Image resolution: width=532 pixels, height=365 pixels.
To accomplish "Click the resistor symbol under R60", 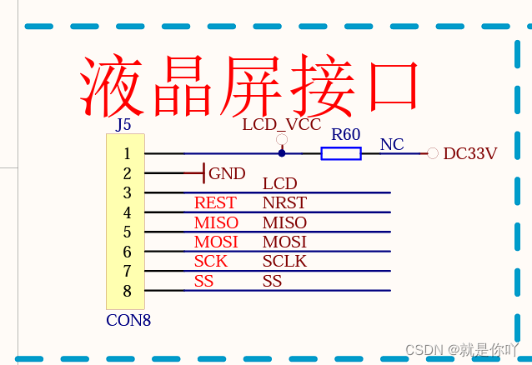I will tap(341, 153).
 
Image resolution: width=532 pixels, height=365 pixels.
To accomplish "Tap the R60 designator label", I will tap(345, 135).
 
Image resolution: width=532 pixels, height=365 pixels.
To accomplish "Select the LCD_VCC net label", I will tap(281, 125).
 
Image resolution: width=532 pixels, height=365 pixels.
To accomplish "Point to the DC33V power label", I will tap(469, 153).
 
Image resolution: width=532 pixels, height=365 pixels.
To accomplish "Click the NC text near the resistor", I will tap(392, 144).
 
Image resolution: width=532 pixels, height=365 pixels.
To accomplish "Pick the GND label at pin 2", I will tap(227, 173).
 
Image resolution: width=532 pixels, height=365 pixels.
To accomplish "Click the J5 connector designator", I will tap(123, 125).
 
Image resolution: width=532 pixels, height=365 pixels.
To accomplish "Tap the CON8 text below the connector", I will tap(128, 319).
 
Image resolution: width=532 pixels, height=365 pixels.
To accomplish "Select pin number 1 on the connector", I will tap(127, 153).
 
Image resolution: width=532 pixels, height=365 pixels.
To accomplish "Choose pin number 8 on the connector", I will tap(127, 291).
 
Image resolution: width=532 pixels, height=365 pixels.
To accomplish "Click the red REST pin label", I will tap(215, 202).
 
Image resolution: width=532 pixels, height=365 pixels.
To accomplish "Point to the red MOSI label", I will tap(216, 242).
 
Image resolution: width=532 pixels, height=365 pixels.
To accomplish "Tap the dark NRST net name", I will tap(284, 202).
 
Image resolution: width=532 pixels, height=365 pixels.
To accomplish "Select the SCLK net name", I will tap(284, 261).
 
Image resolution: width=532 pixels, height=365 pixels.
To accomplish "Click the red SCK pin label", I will tap(211, 261).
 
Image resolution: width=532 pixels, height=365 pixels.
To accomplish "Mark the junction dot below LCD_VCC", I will tap(282, 153).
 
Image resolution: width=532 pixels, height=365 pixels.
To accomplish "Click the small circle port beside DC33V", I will tap(432, 153).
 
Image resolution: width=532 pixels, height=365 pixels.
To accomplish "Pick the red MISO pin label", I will tap(216, 222).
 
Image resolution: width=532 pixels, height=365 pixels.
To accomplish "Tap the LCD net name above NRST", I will tap(279, 183).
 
